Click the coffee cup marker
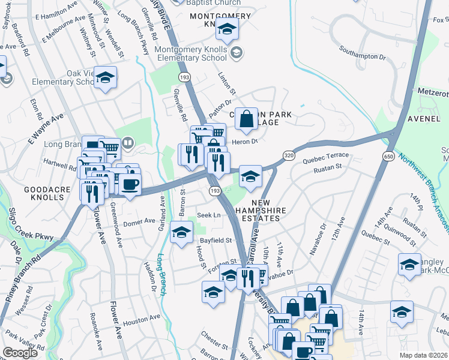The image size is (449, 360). (x=130, y=184)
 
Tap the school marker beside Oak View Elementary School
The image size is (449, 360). (x=105, y=78)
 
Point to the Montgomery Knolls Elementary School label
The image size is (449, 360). (x=191, y=53)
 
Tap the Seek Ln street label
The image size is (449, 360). (x=209, y=215)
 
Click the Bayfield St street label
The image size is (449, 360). (x=215, y=240)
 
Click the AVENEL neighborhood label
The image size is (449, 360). (x=424, y=119)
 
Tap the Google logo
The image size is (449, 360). (x=20, y=353)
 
